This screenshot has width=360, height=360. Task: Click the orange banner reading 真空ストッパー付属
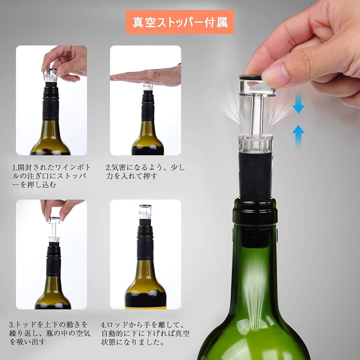180,22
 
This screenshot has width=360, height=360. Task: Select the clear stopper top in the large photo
257,86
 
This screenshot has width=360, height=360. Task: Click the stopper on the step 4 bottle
145,213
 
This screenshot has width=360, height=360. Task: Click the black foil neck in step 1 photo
51,103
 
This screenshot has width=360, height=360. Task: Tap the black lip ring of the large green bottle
255,212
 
